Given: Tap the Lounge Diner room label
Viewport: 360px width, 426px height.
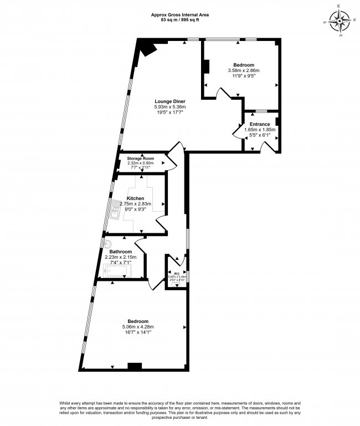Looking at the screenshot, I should coord(169,101).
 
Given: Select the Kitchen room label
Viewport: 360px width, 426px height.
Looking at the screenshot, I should coord(136,198).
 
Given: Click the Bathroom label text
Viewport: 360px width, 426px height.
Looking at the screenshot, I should coord(120,252).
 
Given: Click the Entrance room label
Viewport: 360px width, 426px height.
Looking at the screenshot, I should coord(260,124).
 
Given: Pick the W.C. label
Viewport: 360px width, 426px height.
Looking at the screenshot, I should coord(177,273).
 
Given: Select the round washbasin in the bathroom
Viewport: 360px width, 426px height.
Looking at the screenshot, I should coord(107,243).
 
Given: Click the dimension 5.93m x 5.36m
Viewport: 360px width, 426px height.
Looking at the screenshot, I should coord(169,107).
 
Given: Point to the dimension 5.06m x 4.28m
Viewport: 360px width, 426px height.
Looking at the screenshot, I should coord(138,327).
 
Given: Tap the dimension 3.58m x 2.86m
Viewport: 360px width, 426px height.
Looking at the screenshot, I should coord(244,70).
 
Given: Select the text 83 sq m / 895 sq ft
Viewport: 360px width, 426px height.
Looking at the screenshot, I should coord(180,19).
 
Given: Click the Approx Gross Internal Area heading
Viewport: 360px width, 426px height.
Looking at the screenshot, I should coord(180,14).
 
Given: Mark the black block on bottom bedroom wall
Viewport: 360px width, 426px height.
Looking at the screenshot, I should coord(135,366).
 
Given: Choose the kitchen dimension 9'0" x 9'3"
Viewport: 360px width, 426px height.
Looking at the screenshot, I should coord(136,209).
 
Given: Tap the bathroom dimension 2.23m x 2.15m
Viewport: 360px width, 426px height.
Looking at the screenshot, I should coord(120,257).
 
